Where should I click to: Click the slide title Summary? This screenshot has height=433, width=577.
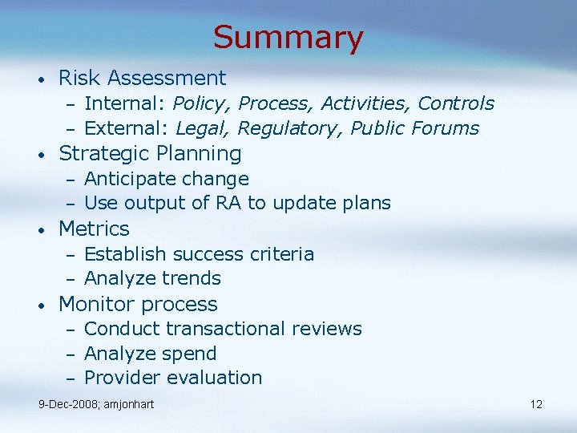288,37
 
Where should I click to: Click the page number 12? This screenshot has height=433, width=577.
536,404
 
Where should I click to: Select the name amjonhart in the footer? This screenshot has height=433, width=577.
128,404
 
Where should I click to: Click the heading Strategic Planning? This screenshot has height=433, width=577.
150,153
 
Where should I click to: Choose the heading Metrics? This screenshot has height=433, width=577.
94,229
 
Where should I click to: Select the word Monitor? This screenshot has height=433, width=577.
95,304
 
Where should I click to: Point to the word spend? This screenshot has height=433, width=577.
190,354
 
